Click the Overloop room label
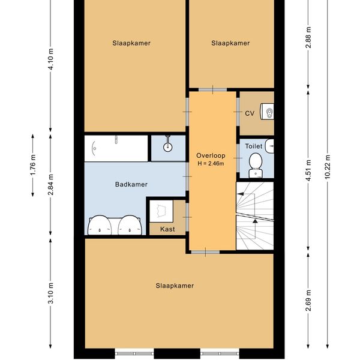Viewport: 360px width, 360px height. click(211, 155)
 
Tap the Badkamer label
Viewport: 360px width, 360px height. click(131, 184)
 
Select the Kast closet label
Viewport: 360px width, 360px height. click(167, 229)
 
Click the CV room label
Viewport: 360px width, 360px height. click(250, 113)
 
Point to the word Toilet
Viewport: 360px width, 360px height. click(254, 146)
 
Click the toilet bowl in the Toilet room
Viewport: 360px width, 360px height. click(256, 166)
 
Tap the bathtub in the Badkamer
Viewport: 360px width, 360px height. click(116, 148)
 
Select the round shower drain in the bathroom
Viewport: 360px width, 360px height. click(168, 147)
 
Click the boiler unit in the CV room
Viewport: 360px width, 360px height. click(267, 112)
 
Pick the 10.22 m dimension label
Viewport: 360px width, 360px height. click(328, 167)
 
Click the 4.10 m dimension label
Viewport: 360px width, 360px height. click(51, 59)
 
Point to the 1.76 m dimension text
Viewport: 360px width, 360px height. click(33, 165)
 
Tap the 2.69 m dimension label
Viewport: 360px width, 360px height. click(308, 301)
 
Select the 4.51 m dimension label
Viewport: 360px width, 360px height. click(308, 170)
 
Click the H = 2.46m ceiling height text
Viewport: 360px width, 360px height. click(211, 163)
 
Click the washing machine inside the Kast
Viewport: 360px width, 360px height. click(161, 211)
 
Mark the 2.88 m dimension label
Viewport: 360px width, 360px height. click(308, 37)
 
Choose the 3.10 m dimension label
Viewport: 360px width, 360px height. click(51, 293)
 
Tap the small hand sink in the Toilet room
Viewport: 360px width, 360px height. click(269, 146)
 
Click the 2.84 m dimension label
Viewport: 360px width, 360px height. click(51, 185)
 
